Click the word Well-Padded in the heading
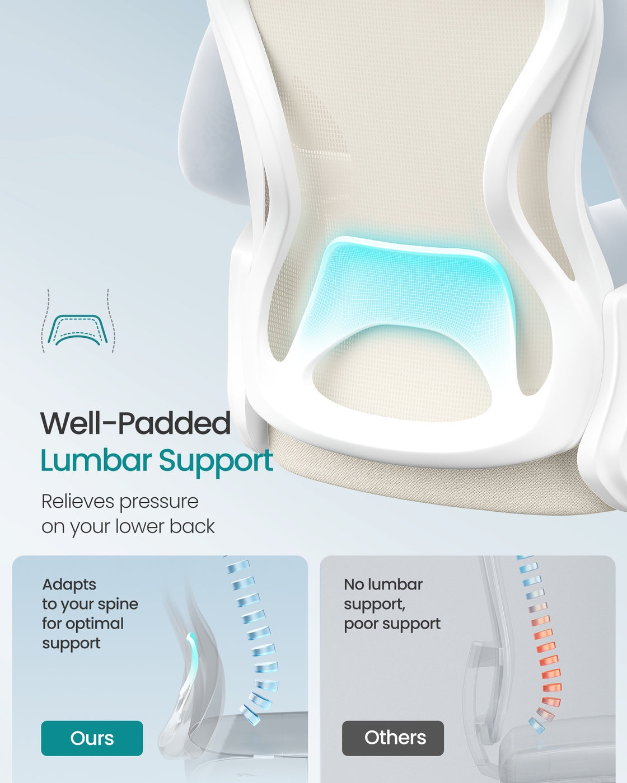click(135, 423)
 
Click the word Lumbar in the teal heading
click(96, 460)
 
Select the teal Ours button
click(92, 738)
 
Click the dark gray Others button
click(393, 738)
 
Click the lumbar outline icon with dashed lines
click(78, 321)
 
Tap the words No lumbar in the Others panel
click(383, 584)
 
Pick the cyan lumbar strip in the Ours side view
click(192, 659)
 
